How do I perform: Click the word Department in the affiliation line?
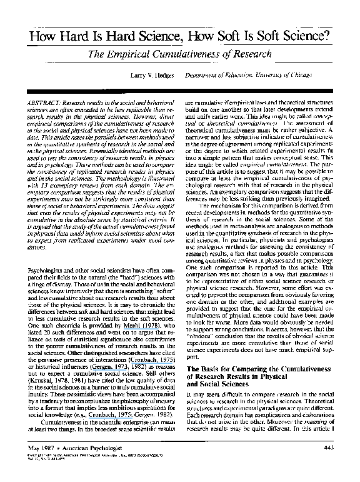coord(206,74)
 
